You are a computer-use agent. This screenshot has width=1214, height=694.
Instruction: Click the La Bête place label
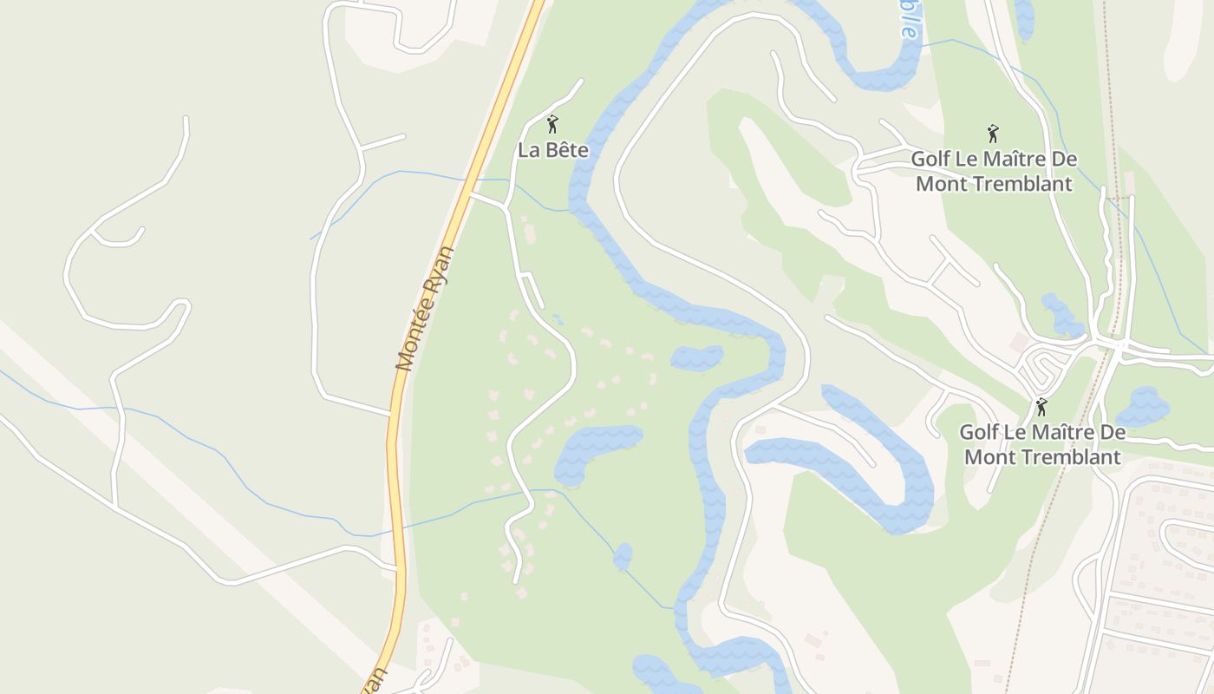[553, 150]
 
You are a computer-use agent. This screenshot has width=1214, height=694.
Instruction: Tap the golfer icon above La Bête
[552, 124]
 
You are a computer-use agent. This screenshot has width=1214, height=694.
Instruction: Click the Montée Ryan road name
[425, 309]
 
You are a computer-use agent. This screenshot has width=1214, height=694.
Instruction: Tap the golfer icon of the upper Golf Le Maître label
[993, 134]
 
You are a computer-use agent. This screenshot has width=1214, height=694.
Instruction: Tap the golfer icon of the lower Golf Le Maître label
[1041, 407]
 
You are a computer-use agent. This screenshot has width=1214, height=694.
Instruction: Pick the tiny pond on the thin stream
[623, 556]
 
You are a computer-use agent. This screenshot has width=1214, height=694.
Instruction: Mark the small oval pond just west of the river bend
[696, 357]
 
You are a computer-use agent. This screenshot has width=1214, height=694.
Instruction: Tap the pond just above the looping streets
[1061, 315]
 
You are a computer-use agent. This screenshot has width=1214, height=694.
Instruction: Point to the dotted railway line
[1045, 538]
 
